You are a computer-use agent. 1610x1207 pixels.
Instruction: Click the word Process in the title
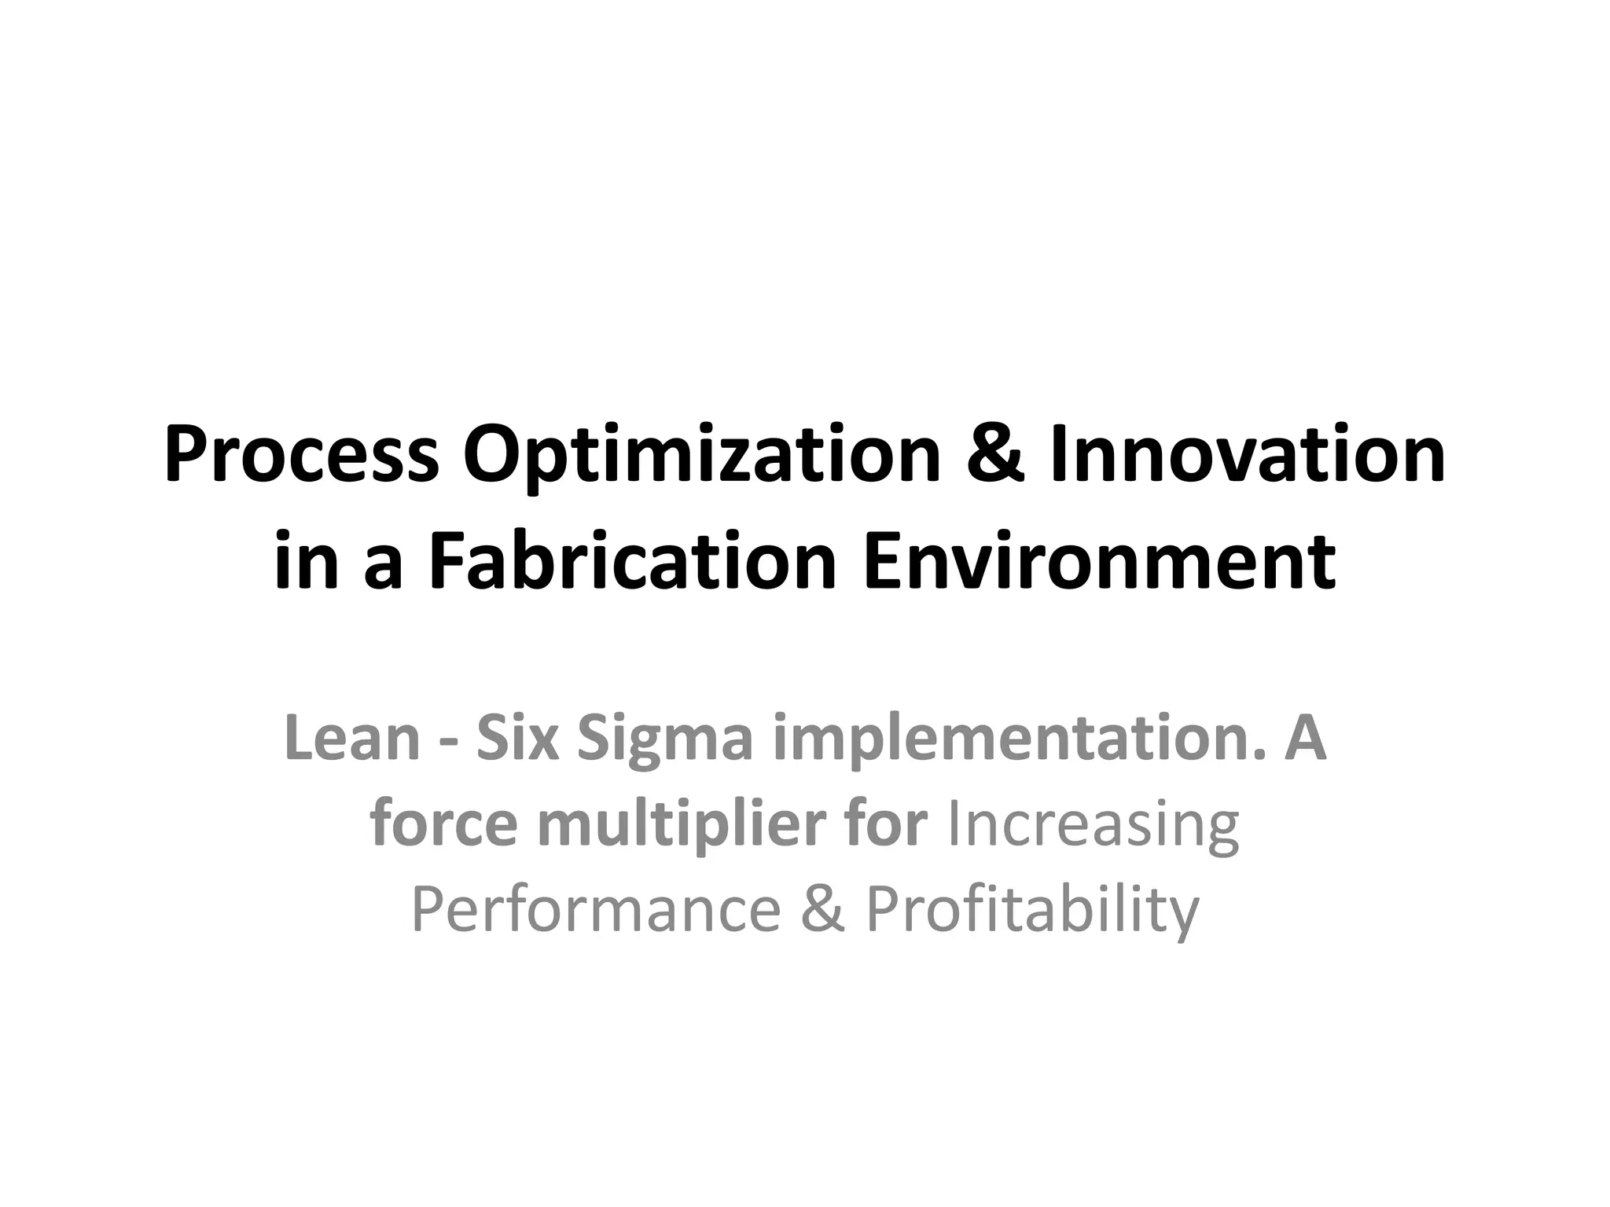click(x=300, y=455)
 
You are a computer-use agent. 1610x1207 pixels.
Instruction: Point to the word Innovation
click(x=1247, y=455)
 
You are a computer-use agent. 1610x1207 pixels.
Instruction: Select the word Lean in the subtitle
click(x=352, y=739)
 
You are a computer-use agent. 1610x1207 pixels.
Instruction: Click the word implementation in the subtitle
click(x=1019, y=739)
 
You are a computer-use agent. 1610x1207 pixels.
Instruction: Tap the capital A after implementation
click(x=1305, y=739)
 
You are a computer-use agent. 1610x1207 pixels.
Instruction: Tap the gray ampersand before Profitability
click(x=823, y=909)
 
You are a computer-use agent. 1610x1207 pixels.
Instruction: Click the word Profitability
click(x=1032, y=909)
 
